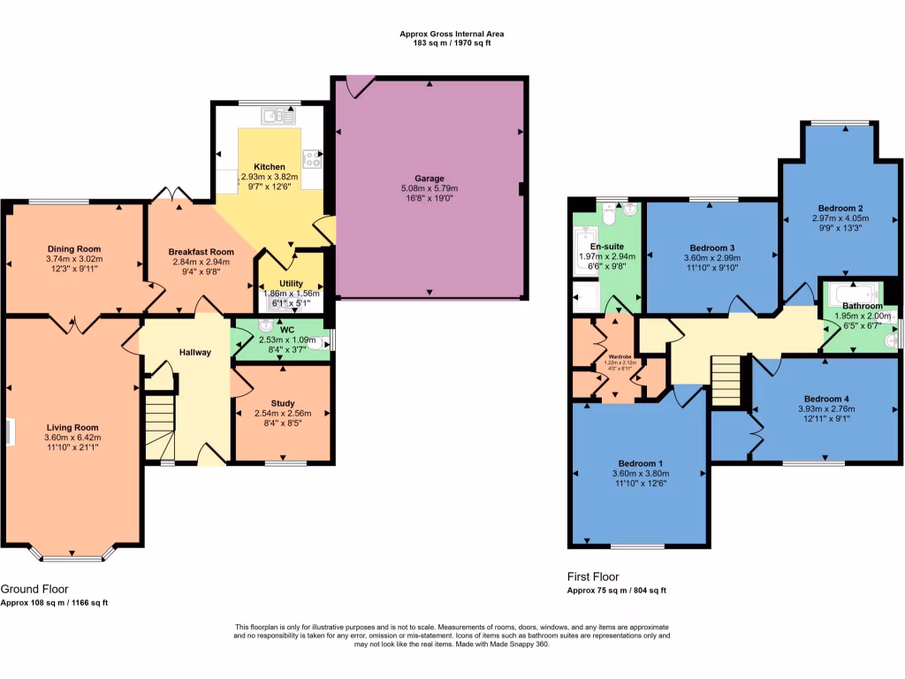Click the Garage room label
coord(430,178)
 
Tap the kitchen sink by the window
coord(281,114)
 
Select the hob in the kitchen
coord(312,159)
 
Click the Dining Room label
coord(74,248)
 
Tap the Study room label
coord(283,402)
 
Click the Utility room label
coord(291,284)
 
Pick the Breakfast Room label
coord(201,251)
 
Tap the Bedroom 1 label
coord(637,462)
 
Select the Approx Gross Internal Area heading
coord(452,34)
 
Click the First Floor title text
coord(593,576)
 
